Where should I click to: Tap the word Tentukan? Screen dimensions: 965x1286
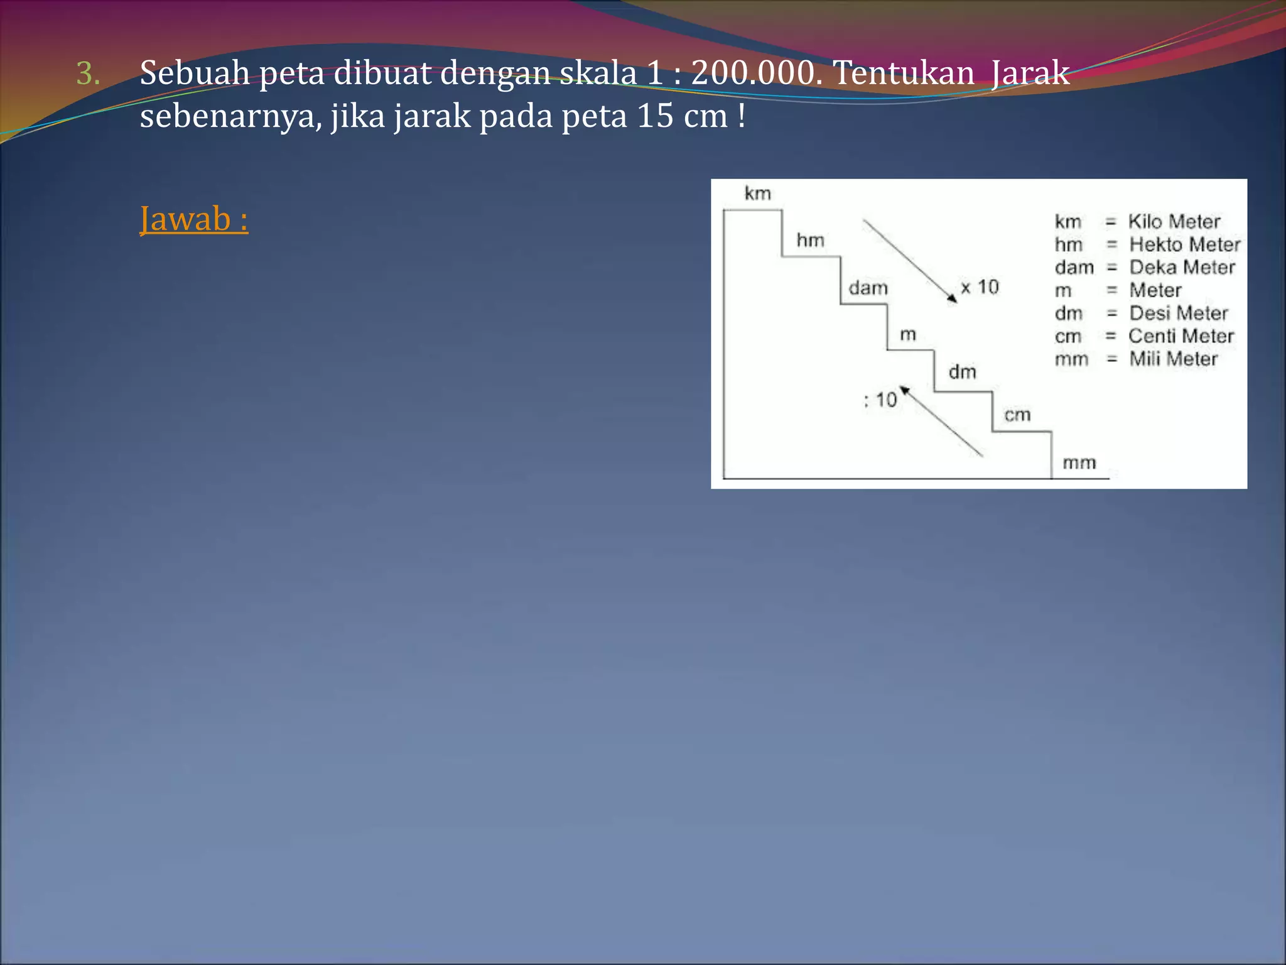point(904,73)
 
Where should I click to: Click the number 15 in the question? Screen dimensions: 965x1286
point(655,116)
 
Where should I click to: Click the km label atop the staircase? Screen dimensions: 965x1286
point(757,194)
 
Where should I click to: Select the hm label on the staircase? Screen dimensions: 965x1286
point(810,240)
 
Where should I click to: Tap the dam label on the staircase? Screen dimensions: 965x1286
point(868,288)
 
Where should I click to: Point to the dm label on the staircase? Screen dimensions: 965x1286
point(962,372)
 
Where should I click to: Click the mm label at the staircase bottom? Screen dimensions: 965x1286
point(1079,463)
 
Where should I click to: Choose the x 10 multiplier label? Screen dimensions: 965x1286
point(980,287)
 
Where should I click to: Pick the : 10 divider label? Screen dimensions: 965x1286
point(880,400)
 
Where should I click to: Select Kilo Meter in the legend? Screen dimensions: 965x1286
point(1174,222)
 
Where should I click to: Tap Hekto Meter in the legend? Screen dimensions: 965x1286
point(1184,244)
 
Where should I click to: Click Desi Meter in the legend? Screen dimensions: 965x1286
point(1178,313)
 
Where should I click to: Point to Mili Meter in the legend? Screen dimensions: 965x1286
point(1173,359)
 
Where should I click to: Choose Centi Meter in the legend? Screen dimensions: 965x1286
point(1181,336)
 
